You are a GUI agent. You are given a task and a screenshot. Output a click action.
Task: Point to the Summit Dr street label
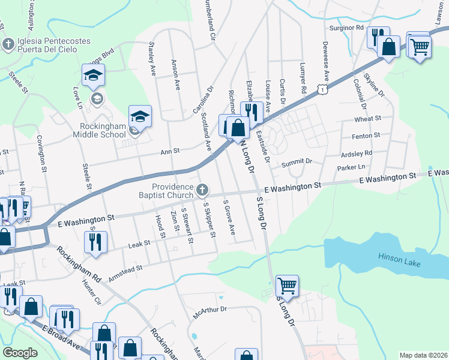[298, 161]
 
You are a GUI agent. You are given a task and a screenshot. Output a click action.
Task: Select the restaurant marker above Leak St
[95, 241]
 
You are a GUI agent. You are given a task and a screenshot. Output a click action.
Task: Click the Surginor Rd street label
[346, 28]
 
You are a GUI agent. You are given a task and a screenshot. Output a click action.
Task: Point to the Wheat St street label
[368, 119]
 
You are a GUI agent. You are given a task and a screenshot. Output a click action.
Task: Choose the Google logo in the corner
[20, 353]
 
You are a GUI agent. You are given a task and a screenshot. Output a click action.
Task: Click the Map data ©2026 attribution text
[423, 355]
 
